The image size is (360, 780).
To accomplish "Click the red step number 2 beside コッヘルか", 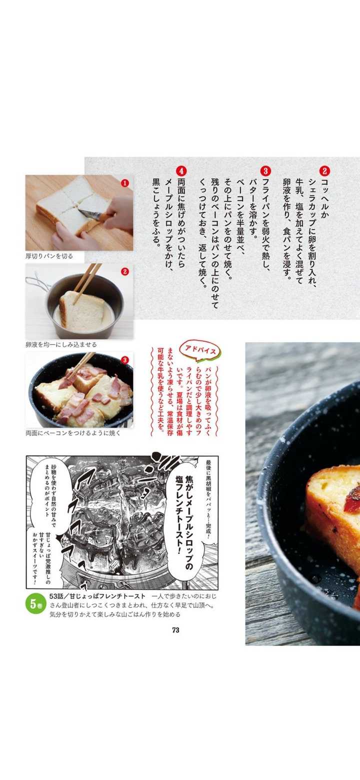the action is point(324,171).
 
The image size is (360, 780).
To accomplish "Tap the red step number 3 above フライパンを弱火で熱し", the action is point(265,171).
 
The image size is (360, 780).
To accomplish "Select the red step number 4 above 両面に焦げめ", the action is point(181,171).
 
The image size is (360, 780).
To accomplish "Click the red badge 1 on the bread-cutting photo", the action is point(124,183).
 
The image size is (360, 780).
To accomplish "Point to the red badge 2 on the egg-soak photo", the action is point(124,271).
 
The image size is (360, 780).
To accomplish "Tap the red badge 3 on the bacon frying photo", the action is point(124,360).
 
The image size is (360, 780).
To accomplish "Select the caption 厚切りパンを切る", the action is point(49,256).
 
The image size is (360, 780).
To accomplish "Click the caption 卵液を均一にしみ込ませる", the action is point(61,344).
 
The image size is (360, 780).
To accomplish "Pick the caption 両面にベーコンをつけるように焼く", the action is point(73,433).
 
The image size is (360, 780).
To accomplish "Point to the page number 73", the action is point(175,630).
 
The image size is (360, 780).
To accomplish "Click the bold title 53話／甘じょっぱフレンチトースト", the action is point(97,596).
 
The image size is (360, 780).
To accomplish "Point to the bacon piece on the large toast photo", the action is point(352,499).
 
